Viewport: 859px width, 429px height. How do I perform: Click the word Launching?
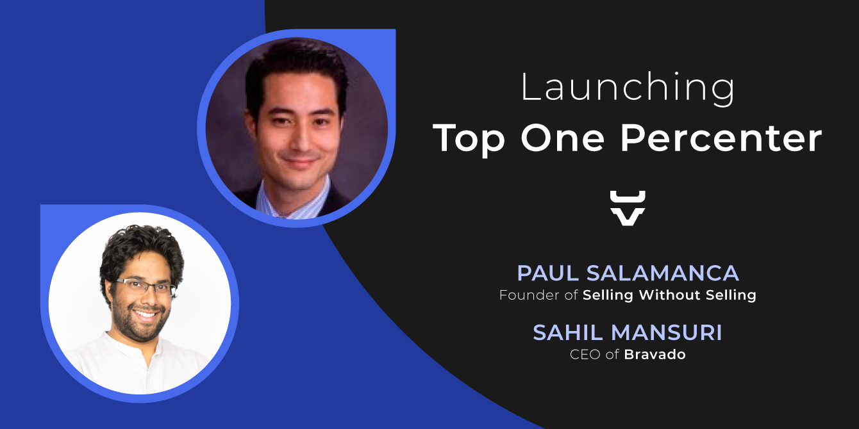point(628,88)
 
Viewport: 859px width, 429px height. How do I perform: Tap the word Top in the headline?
point(469,139)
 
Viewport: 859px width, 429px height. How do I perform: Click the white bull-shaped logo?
point(628,208)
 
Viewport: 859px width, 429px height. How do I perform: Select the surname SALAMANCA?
point(663,273)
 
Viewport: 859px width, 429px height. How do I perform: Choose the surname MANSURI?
point(667,332)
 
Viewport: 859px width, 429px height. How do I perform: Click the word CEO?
point(585,355)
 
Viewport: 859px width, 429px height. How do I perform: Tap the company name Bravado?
point(655,355)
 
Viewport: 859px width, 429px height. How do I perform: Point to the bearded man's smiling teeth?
point(146,315)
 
